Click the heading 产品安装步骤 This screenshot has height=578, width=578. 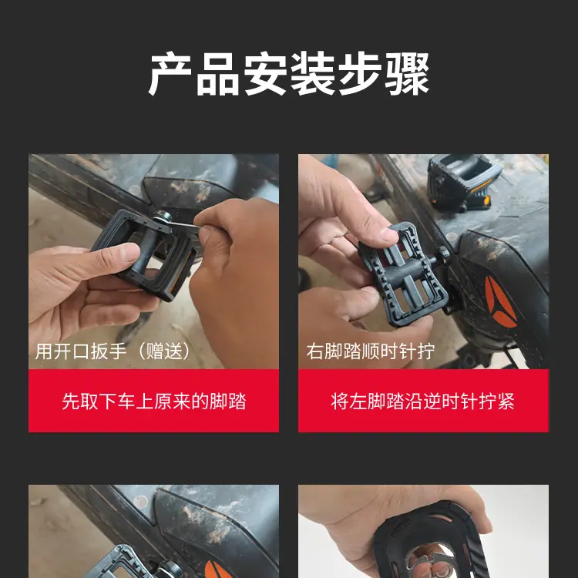pyautogui.click(x=289, y=74)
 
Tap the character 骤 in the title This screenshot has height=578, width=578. pyautogui.click(x=407, y=74)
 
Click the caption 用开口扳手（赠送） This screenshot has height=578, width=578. pyautogui.click(x=113, y=351)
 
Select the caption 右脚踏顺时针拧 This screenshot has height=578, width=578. pyautogui.click(x=371, y=351)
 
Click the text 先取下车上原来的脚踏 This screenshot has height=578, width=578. pyautogui.click(x=153, y=401)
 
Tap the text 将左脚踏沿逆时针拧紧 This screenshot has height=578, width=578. pyautogui.click(x=423, y=401)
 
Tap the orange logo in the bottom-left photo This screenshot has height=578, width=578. pyautogui.click(x=217, y=570)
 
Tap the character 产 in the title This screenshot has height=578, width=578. pyautogui.click(x=170, y=74)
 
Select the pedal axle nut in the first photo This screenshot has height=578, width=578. pyautogui.click(x=163, y=216)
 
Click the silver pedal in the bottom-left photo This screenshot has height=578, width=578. pyautogui.click(x=122, y=563)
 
